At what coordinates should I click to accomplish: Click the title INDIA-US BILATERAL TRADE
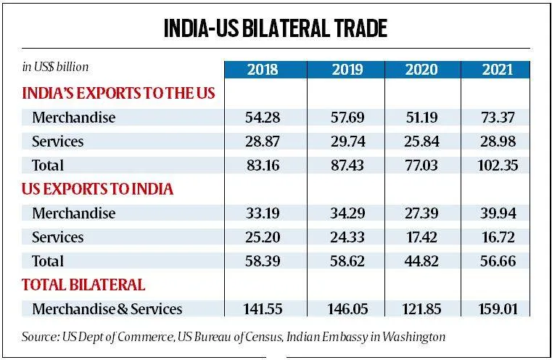click(276, 29)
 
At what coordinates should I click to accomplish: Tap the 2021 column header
click(498, 70)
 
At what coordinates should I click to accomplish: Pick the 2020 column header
click(420, 70)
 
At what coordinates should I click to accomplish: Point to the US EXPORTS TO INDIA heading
click(98, 189)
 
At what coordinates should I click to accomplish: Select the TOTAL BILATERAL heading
click(83, 284)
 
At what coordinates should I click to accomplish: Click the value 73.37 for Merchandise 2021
click(498, 118)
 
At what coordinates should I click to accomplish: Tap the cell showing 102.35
click(498, 165)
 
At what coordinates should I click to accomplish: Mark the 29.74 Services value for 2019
click(347, 142)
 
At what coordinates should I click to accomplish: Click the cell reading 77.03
click(420, 165)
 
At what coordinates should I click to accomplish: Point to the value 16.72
click(498, 237)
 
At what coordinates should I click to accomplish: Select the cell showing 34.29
click(347, 213)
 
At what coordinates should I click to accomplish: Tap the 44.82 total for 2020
click(420, 261)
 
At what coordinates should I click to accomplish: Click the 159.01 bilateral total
click(498, 308)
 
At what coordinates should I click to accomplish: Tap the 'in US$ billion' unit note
click(55, 67)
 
